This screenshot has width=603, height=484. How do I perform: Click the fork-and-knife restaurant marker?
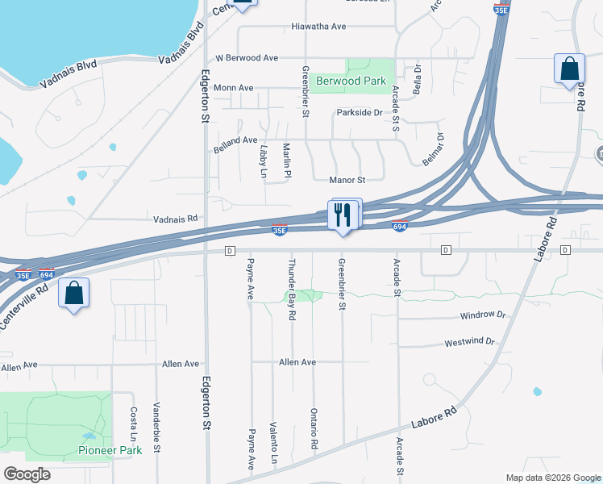(x=343, y=215)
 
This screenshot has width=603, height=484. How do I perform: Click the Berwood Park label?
(x=351, y=81)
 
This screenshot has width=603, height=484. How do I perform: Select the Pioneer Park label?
(x=110, y=449)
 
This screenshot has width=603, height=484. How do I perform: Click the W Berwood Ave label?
(x=247, y=58)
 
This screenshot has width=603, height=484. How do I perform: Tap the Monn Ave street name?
(x=235, y=87)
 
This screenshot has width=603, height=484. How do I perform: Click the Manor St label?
(x=347, y=180)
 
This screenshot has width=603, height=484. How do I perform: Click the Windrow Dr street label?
(x=482, y=315)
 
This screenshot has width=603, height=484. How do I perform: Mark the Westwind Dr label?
(x=469, y=343)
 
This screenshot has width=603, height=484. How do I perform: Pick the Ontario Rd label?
(x=314, y=428)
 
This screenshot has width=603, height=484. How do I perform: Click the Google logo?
(x=27, y=474)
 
